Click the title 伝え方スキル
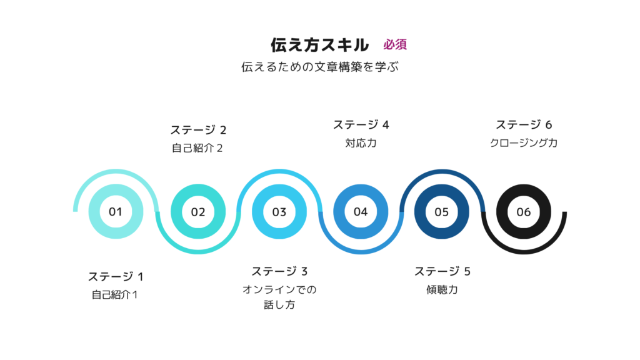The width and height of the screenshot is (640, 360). [x=319, y=45]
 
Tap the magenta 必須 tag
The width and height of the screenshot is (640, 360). [x=395, y=44]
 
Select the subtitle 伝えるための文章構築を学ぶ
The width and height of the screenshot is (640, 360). [x=319, y=67]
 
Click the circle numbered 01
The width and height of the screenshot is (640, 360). [x=116, y=211]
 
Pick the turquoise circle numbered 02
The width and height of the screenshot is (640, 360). [x=198, y=211]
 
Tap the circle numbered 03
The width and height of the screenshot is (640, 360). [x=279, y=211]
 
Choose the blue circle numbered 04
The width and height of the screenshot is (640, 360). [x=361, y=211]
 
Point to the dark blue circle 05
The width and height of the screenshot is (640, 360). [x=442, y=211]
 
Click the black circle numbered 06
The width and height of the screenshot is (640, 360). [x=524, y=211]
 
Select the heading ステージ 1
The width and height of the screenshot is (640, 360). [x=116, y=277]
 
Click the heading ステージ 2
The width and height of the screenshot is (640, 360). [x=198, y=130]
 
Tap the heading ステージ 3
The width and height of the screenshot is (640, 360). [x=279, y=271]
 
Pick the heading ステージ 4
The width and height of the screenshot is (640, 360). [x=361, y=125]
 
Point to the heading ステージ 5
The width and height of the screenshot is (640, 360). [x=442, y=271]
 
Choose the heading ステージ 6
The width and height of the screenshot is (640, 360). [x=524, y=125]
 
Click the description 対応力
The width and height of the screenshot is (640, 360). [x=361, y=143]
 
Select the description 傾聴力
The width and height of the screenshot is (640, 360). [x=442, y=290]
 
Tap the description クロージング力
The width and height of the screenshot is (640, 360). [x=524, y=143]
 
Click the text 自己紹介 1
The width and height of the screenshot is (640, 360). [x=115, y=295]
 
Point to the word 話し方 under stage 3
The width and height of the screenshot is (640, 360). [x=279, y=305]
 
